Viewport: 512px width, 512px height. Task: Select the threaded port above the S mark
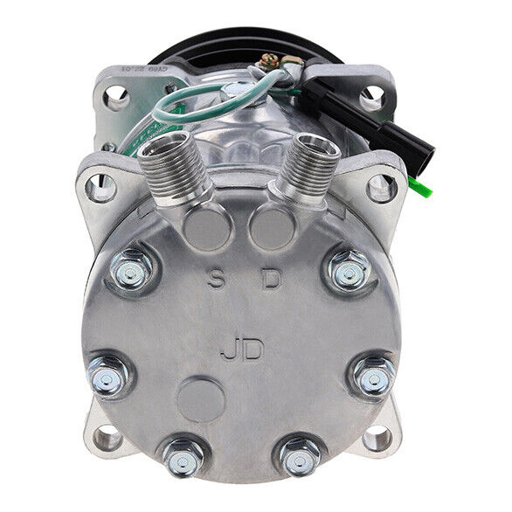(x=174, y=162)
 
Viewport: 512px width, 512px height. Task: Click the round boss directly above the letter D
(x=272, y=228)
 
